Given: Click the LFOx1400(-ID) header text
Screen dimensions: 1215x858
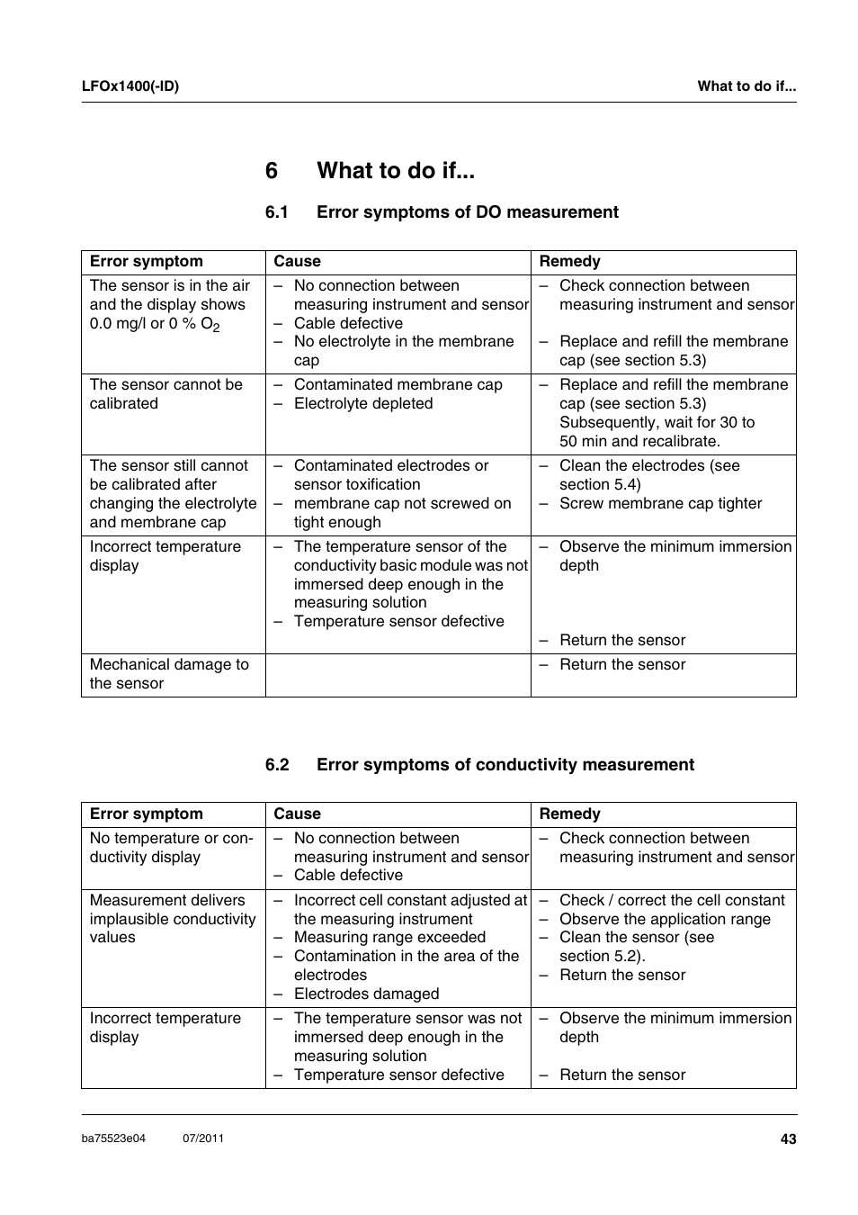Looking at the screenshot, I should click(x=130, y=86).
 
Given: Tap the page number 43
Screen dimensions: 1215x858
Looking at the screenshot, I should click(x=788, y=1139).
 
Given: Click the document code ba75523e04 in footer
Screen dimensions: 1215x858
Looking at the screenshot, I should click(x=113, y=1138).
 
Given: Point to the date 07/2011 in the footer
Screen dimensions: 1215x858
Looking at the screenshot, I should click(x=203, y=1138).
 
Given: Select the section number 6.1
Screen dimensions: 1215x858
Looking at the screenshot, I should click(x=276, y=212).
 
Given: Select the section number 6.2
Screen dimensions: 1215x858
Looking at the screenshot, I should click(x=277, y=765).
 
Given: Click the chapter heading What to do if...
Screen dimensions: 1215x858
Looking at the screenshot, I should click(x=396, y=171).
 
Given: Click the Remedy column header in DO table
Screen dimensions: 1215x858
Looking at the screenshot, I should click(x=569, y=262).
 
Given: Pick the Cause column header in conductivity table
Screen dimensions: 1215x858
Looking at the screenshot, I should click(x=297, y=814).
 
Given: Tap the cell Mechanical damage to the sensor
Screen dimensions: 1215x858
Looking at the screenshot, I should click(x=169, y=674).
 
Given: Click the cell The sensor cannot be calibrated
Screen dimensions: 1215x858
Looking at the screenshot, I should click(x=165, y=394).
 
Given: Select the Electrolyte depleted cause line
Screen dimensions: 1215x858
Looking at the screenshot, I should click(x=362, y=404).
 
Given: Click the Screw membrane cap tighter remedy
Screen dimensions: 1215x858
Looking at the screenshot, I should click(x=659, y=504).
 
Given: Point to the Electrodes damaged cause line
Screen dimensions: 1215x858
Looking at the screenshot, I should click(x=366, y=994).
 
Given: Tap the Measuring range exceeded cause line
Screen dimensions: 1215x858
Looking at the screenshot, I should click(x=389, y=938).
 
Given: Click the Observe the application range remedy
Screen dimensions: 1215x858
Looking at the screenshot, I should click(x=664, y=920).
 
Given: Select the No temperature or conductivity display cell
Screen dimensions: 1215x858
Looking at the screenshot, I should click(x=171, y=848).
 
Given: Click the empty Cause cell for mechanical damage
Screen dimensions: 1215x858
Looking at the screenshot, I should click(x=398, y=675).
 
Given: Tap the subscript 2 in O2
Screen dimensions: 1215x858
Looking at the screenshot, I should click(x=217, y=328).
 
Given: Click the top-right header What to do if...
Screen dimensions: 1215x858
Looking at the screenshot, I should click(x=746, y=86).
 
